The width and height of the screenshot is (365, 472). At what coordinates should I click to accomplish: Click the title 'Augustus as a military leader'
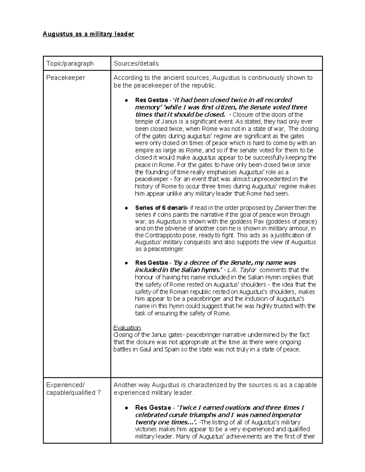[x=88, y=34]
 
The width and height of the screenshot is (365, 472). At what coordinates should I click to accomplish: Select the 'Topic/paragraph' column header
[x=70, y=64]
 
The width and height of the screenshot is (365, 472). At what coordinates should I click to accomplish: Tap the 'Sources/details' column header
[x=136, y=64]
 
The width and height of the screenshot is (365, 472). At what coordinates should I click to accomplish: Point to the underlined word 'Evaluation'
[x=127, y=328]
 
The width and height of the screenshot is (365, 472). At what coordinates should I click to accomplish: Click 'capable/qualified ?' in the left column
[x=73, y=393]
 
